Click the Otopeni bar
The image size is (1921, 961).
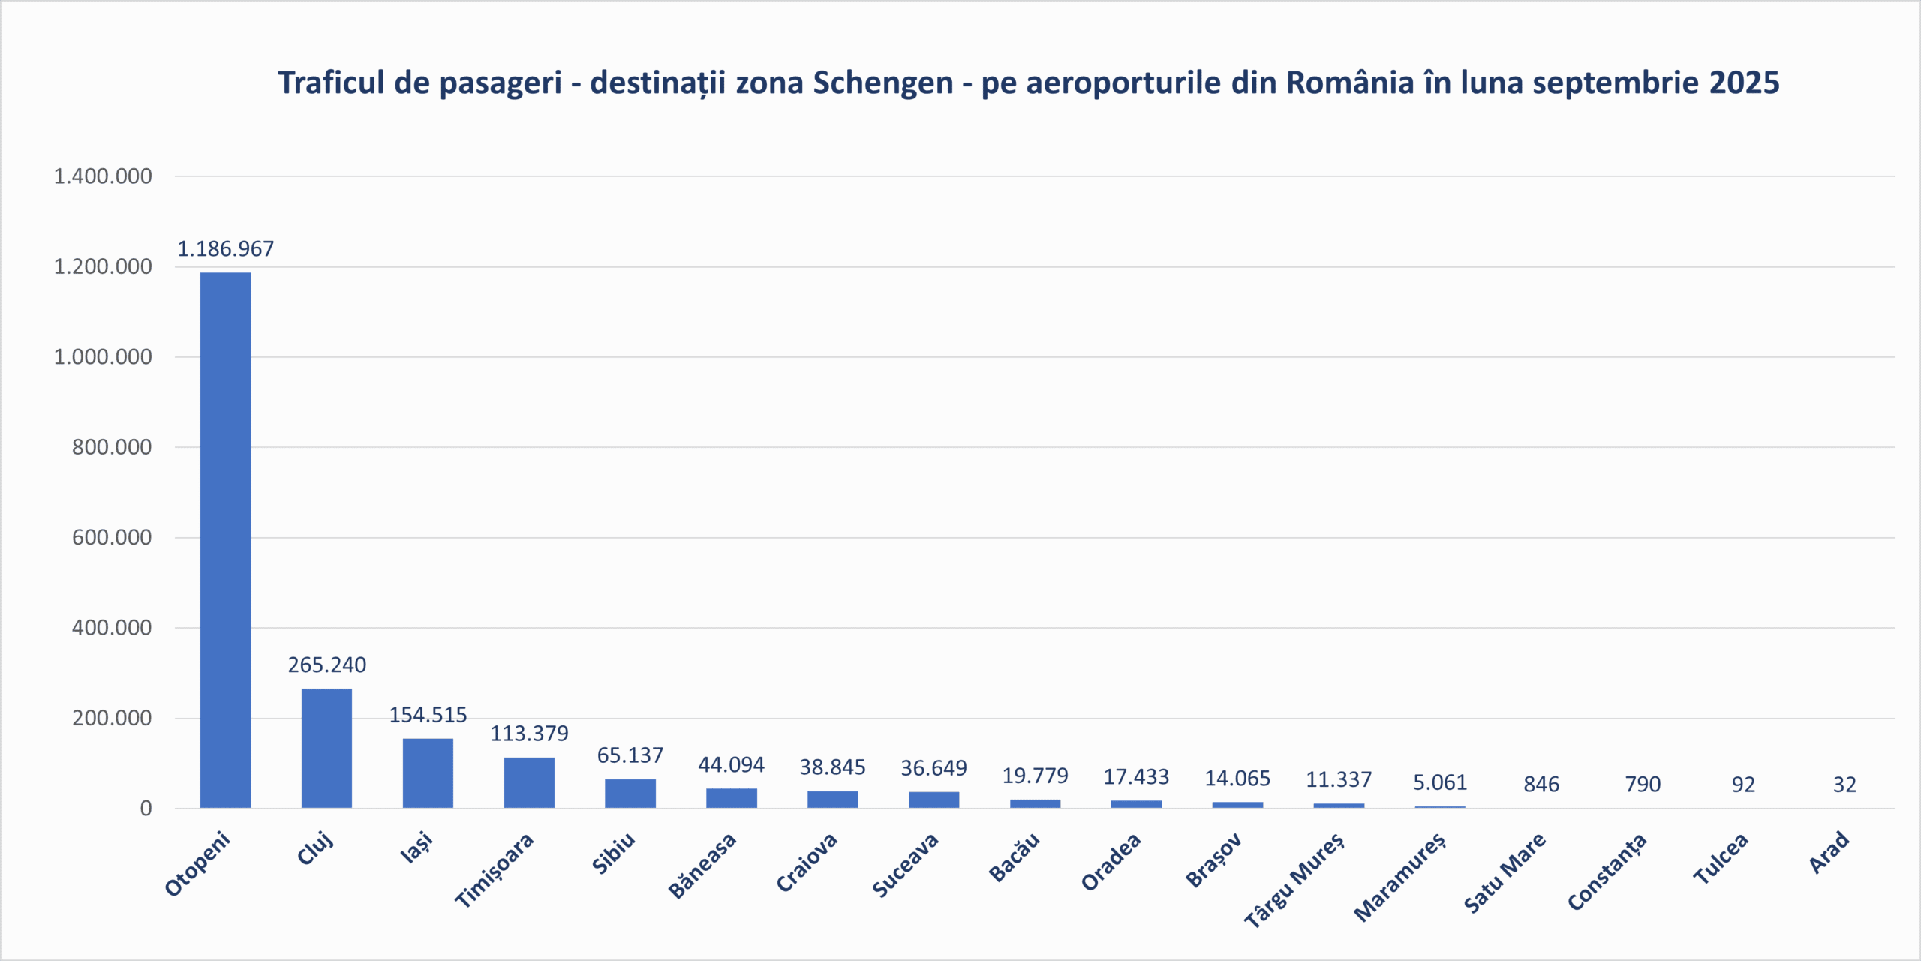click(x=225, y=540)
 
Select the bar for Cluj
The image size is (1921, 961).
click(x=326, y=748)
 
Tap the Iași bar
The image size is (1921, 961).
click(x=428, y=773)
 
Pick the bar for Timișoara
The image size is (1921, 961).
click(x=529, y=782)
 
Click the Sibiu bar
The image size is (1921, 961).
click(x=630, y=794)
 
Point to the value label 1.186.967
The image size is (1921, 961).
click(x=225, y=248)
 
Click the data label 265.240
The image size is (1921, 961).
click(x=326, y=665)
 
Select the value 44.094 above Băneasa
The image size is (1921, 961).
click(x=731, y=764)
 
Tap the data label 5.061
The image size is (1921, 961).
click(x=1440, y=782)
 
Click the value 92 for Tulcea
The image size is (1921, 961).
click(x=1743, y=785)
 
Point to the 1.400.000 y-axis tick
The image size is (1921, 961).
click(x=103, y=176)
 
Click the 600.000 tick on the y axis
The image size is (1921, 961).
click(x=112, y=537)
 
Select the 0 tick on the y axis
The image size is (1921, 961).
click(x=146, y=809)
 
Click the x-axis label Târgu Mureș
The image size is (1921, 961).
click(x=1294, y=879)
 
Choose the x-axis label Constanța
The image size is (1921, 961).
click(x=1607, y=871)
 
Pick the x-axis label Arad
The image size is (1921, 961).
click(x=1829, y=853)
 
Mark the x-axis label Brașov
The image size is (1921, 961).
click(x=1213, y=860)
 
